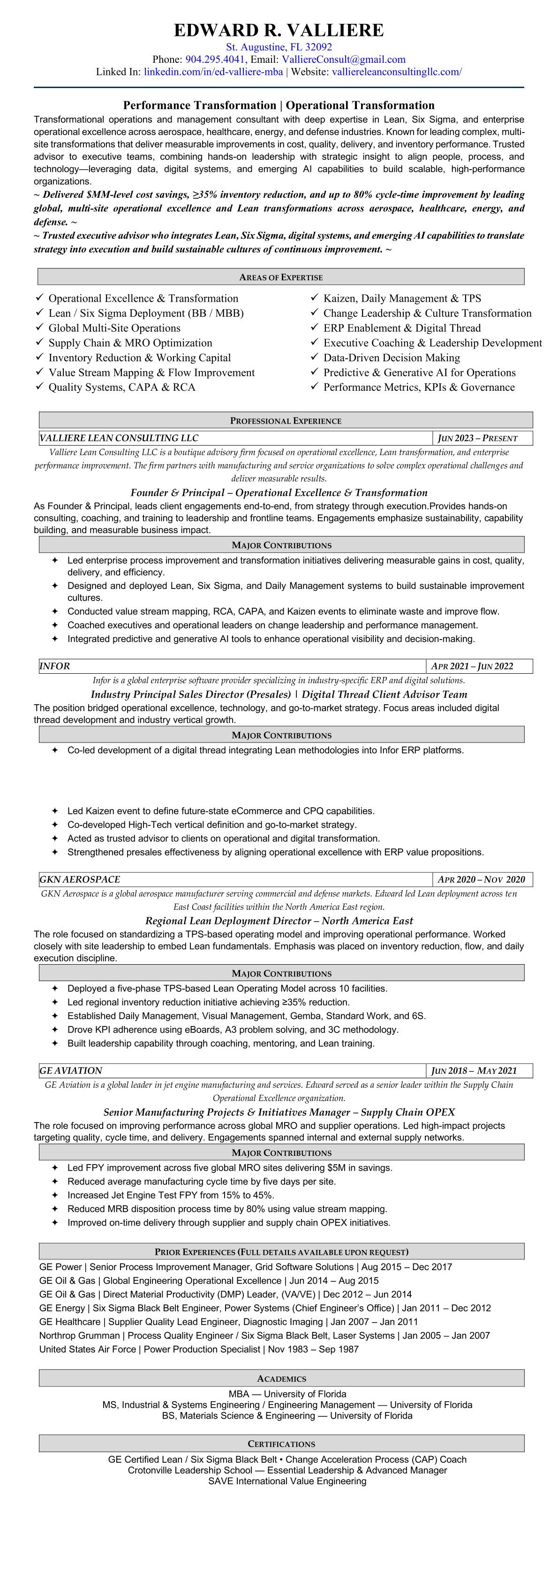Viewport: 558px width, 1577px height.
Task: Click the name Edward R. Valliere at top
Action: pos(279,30)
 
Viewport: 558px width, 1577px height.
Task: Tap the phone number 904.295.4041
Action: pos(215,60)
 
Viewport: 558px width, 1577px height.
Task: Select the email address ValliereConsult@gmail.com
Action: pos(344,60)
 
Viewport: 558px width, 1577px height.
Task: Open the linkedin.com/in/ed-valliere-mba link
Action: pos(213,72)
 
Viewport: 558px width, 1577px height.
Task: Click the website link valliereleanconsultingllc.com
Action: pos(396,72)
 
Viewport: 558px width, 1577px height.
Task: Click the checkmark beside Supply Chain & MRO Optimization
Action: pos(39,342)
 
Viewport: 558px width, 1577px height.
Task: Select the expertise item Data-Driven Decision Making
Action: pos(392,357)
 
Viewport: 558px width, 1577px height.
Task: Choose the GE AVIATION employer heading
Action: pos(71,1071)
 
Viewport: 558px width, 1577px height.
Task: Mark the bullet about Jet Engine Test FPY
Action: pos(170,1195)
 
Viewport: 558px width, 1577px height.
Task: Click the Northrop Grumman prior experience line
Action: pos(264,1335)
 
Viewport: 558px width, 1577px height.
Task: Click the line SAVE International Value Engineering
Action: pos(287,1481)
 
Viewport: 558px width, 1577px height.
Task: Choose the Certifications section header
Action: pos(281,1443)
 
